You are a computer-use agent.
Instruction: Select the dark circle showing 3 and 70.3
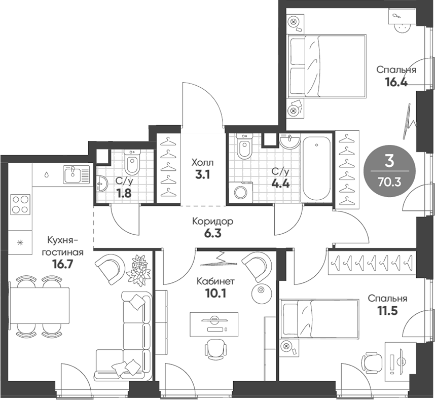[389, 171]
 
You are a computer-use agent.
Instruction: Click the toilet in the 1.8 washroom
[131, 163]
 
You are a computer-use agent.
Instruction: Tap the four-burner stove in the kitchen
[20, 205]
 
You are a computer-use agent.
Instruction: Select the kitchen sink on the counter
[77, 174]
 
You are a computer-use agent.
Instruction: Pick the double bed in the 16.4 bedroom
[327, 65]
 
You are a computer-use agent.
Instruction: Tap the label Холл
[202, 163]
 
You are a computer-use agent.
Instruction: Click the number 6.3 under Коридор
[212, 234]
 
